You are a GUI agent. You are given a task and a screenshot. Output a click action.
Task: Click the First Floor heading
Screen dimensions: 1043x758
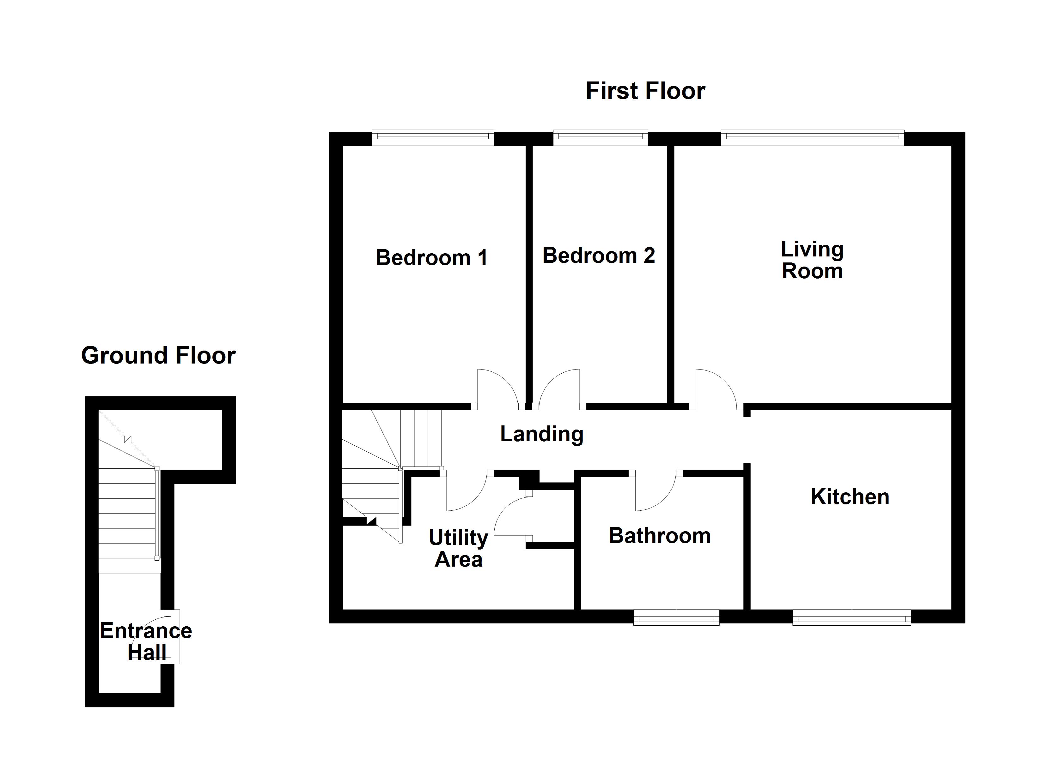point(645,91)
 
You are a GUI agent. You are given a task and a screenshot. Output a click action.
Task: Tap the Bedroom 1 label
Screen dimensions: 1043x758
point(431,257)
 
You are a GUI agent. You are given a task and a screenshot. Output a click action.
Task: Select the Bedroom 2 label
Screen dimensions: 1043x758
point(598,256)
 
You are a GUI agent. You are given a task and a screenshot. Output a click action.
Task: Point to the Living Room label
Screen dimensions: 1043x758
point(812,260)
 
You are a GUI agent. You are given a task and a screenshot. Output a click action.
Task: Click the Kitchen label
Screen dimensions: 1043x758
point(850,497)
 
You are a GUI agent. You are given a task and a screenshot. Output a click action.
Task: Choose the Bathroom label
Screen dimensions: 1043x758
point(660,536)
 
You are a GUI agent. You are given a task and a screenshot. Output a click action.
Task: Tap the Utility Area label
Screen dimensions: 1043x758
point(459,548)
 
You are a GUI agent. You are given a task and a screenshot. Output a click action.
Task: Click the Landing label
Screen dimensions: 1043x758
point(542,434)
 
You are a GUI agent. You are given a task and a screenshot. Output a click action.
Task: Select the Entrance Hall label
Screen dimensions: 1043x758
point(146,641)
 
